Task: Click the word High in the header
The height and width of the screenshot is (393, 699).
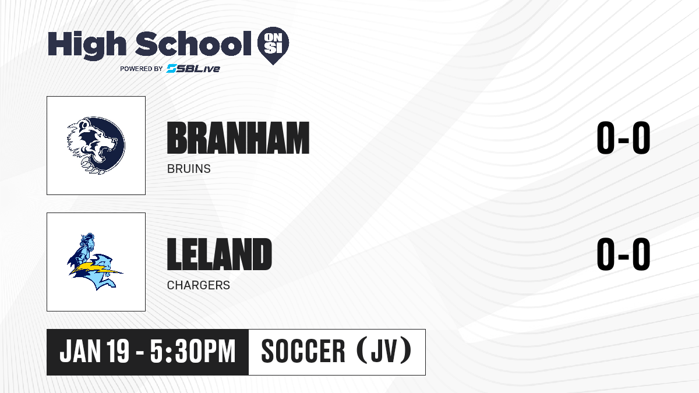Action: click(87, 45)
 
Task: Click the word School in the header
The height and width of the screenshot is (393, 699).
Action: click(193, 43)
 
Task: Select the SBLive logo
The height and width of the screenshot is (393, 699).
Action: click(193, 68)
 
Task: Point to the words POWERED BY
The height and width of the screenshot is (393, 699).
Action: click(142, 69)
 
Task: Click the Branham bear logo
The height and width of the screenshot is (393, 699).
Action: click(96, 145)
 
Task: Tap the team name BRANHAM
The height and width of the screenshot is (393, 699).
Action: click(238, 138)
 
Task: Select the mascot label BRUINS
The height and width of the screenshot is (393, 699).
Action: click(189, 169)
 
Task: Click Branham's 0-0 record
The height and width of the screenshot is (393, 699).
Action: click(623, 137)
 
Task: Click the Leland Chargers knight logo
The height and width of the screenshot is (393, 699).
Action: click(95, 261)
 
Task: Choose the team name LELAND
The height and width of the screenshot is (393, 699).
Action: click(220, 254)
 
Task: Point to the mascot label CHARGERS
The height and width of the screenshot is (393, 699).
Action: click(199, 285)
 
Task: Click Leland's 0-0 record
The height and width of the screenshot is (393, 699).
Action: click(623, 254)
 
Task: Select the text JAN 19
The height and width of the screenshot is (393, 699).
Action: click(94, 351)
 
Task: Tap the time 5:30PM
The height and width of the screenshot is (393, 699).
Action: click(193, 351)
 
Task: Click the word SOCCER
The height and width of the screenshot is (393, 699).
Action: click(303, 351)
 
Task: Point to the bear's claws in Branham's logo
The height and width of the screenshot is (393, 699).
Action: click(91, 166)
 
